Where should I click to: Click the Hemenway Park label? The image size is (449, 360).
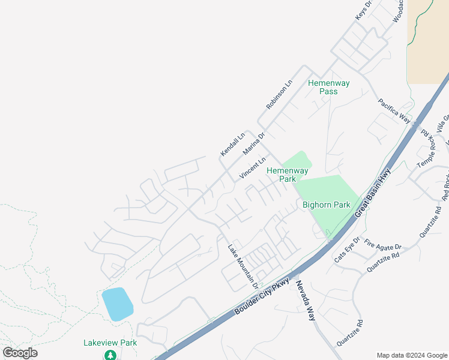click(x=282, y=175)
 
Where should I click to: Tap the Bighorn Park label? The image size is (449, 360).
click(x=326, y=205)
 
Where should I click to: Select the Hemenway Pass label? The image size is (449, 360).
click(x=328, y=87)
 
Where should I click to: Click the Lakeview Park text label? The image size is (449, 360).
click(x=110, y=343)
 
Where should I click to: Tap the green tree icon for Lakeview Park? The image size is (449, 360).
click(x=110, y=355)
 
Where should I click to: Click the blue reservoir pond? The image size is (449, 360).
click(x=117, y=304)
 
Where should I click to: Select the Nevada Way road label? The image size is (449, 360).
click(x=305, y=300)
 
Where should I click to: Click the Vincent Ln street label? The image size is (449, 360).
click(x=253, y=167)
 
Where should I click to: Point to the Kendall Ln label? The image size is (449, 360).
click(x=233, y=144)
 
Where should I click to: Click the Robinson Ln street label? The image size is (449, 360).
click(x=279, y=94)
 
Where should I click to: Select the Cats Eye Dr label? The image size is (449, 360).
click(x=346, y=249)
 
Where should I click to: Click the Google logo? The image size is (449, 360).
click(x=20, y=353)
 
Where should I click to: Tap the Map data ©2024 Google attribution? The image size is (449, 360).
click(x=411, y=355)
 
